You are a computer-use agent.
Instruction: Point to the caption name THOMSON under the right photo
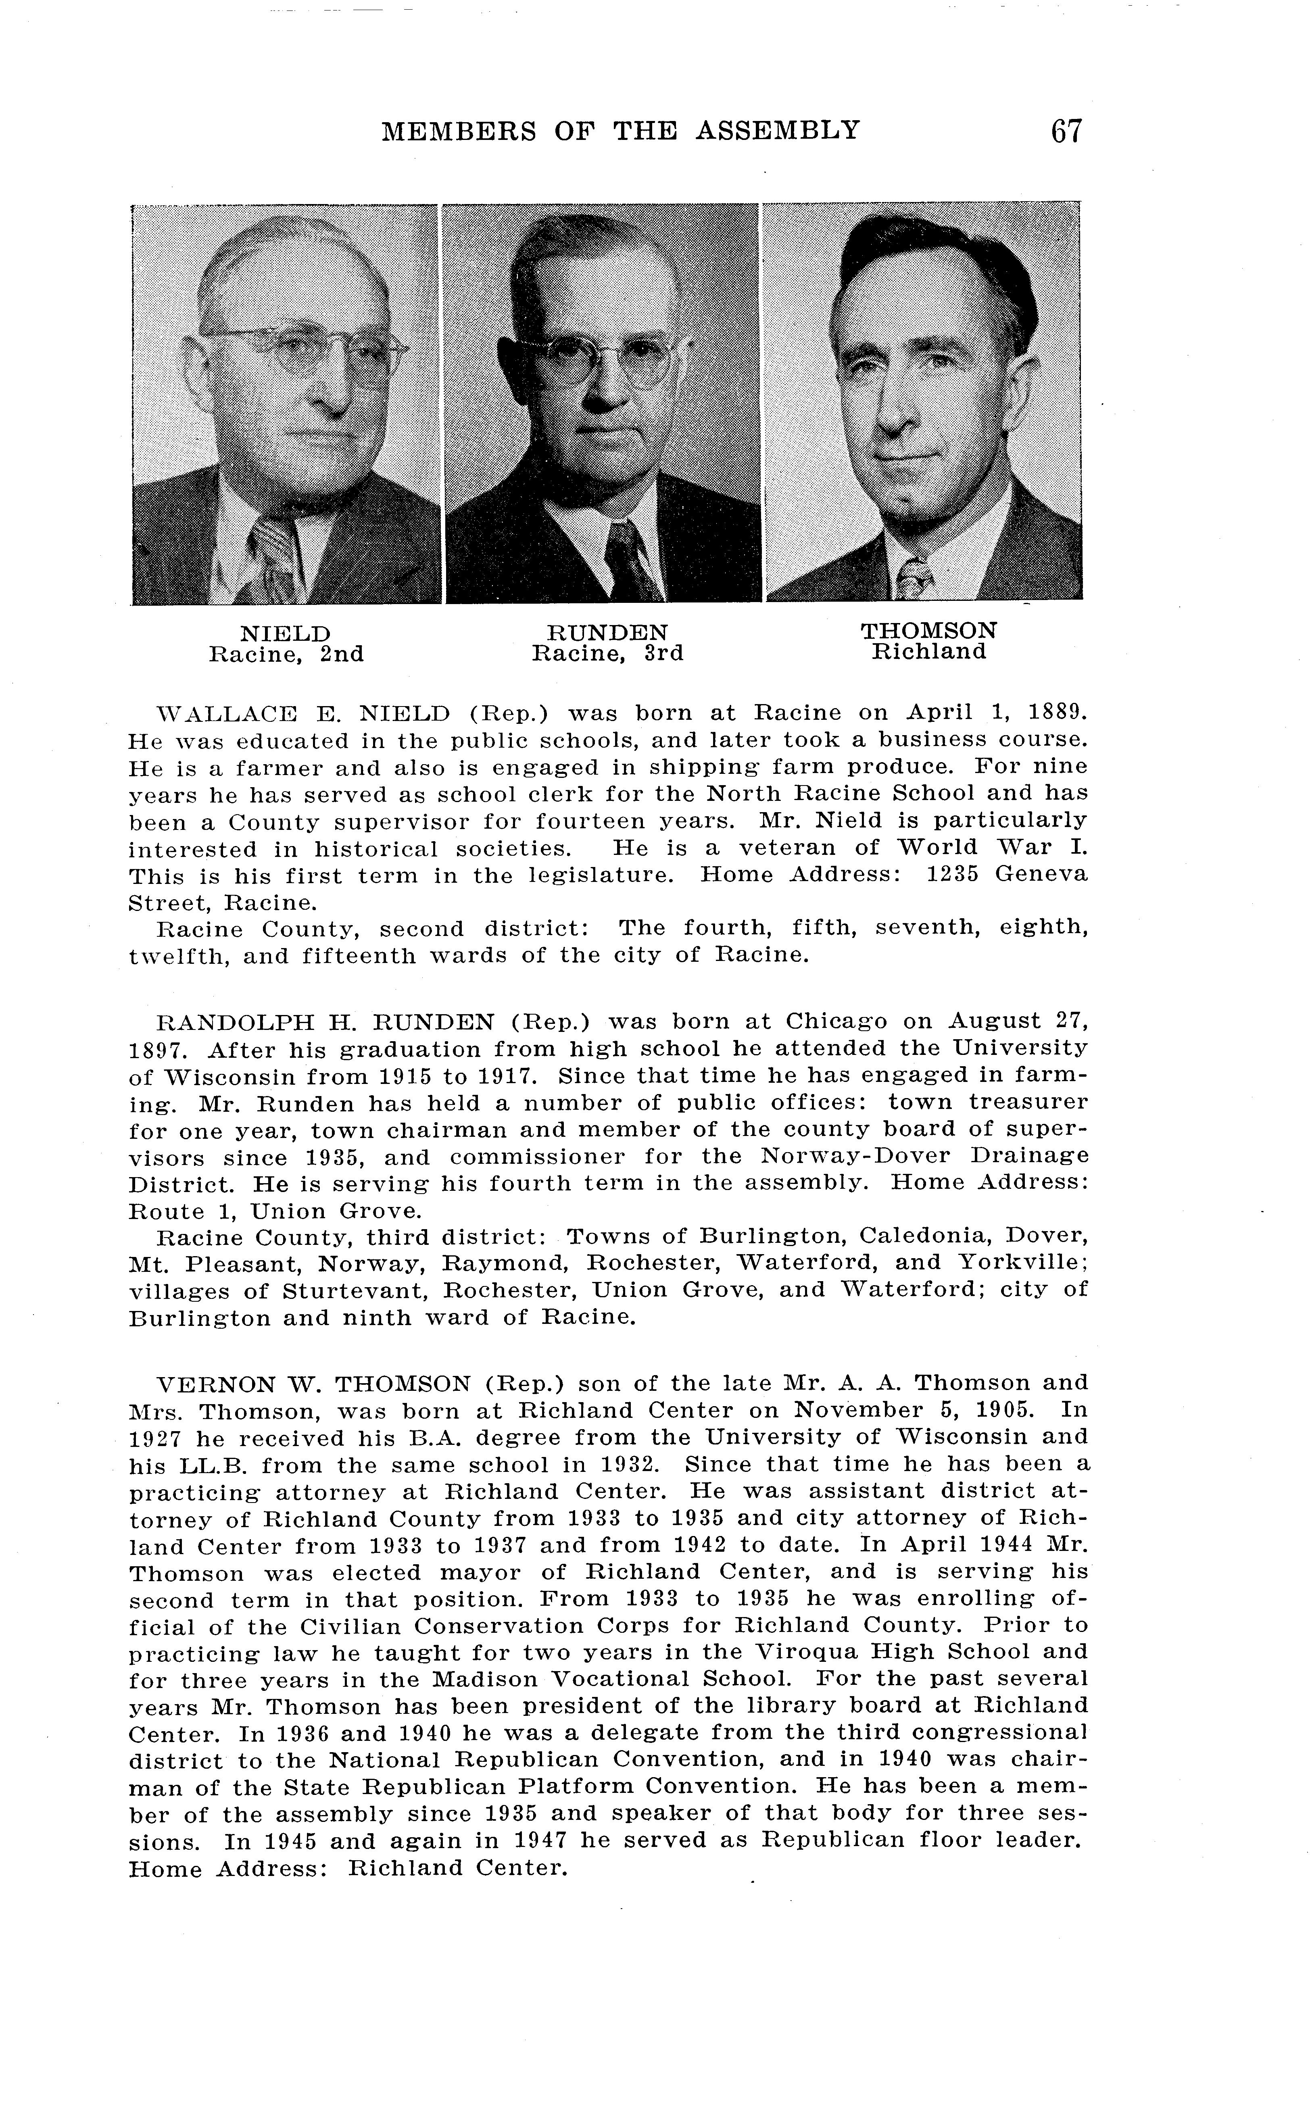pyautogui.click(x=929, y=631)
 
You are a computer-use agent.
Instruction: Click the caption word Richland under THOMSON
pyautogui.click(x=929, y=652)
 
